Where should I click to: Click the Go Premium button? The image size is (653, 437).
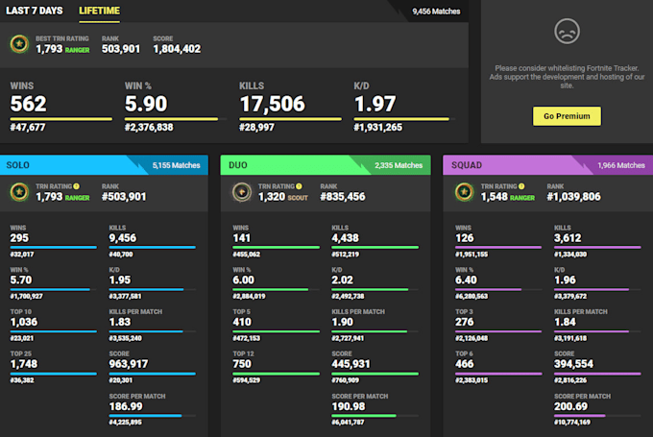567,115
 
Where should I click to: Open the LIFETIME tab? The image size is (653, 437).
99,11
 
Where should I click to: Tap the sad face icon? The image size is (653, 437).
568,32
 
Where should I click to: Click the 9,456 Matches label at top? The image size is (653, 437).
436,12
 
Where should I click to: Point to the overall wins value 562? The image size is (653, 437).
29,104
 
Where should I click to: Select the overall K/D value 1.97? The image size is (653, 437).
375,104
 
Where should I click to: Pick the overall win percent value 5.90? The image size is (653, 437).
147,104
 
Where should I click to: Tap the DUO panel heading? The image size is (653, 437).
240,165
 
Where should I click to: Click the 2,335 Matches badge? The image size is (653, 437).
399,165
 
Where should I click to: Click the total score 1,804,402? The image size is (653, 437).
177,48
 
